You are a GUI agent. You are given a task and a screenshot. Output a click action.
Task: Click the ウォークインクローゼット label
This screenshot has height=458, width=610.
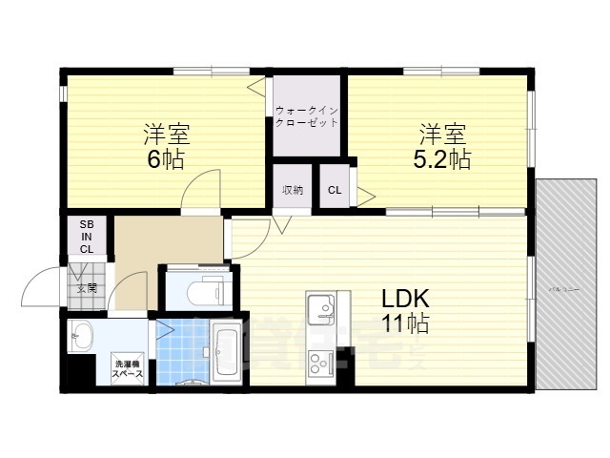[x=306, y=116]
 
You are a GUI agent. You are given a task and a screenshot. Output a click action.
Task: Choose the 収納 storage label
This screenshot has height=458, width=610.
[x=292, y=190]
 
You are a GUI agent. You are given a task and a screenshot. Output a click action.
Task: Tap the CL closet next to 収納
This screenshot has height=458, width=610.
[x=335, y=190]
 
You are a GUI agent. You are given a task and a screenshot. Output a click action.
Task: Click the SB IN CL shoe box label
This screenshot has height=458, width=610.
[x=87, y=236]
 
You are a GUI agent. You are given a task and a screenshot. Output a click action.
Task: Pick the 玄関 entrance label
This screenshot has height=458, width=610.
[x=87, y=286]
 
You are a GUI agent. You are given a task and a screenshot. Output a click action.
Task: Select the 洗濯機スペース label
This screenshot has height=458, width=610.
[x=128, y=369]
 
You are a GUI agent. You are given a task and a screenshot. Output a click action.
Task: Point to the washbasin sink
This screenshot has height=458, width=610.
[x=82, y=337]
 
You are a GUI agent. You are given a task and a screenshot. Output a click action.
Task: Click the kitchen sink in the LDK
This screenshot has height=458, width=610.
[x=321, y=308]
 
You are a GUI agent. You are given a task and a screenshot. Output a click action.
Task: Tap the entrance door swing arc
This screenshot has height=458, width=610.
[x=42, y=286]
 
